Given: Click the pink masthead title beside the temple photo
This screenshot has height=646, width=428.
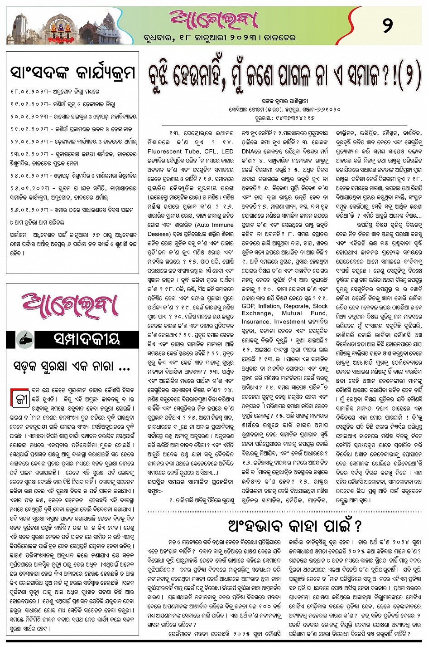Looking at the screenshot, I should [213, 19].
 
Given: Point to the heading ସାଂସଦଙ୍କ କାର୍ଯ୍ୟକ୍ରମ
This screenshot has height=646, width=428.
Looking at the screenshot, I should [72, 72].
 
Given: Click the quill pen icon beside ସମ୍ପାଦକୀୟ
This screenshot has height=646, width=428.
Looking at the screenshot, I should [25, 339].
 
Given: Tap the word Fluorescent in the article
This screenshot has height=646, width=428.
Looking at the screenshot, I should [165, 152].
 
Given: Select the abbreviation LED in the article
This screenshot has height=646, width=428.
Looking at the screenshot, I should [227, 152].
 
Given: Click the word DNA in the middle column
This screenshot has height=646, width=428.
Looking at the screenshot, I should [250, 152].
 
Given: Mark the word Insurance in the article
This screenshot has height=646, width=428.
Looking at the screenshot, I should [256, 321].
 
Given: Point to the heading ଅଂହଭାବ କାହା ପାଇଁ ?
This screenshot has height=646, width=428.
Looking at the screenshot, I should [295, 526].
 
